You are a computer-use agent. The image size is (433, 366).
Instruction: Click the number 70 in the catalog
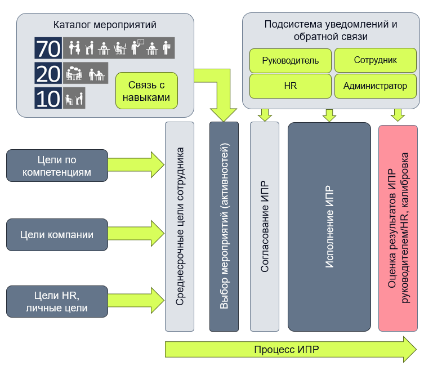pos(48,48)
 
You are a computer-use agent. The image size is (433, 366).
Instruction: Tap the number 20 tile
pos(48,73)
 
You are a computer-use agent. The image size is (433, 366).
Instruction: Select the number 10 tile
pos(48,98)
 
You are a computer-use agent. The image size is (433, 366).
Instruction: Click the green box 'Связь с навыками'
pos(146,91)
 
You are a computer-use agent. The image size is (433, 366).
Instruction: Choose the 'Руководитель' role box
pos(291,60)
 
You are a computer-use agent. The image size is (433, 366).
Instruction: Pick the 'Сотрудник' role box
pos(376,60)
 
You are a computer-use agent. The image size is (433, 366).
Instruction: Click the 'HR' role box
pos(291,86)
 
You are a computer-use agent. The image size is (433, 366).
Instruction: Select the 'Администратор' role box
pos(376,86)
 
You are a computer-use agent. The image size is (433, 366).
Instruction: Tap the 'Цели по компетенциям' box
pos(57,166)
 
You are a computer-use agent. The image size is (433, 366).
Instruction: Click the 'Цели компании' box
pos(57,235)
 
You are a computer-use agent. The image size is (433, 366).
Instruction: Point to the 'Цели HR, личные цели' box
pos(57,301)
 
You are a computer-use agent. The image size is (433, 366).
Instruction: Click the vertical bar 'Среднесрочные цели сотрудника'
pos(180,226)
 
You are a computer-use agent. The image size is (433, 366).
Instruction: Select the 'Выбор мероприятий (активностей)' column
pos(224,226)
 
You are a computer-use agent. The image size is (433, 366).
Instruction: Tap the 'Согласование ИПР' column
pos(265,226)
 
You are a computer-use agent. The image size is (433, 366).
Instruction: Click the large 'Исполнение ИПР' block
pos(329,226)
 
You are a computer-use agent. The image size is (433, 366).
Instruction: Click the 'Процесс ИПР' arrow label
pos(286,350)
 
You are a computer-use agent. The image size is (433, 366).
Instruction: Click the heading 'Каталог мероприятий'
pos(105,25)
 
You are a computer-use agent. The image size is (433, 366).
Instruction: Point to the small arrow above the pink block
pos(398,115)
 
